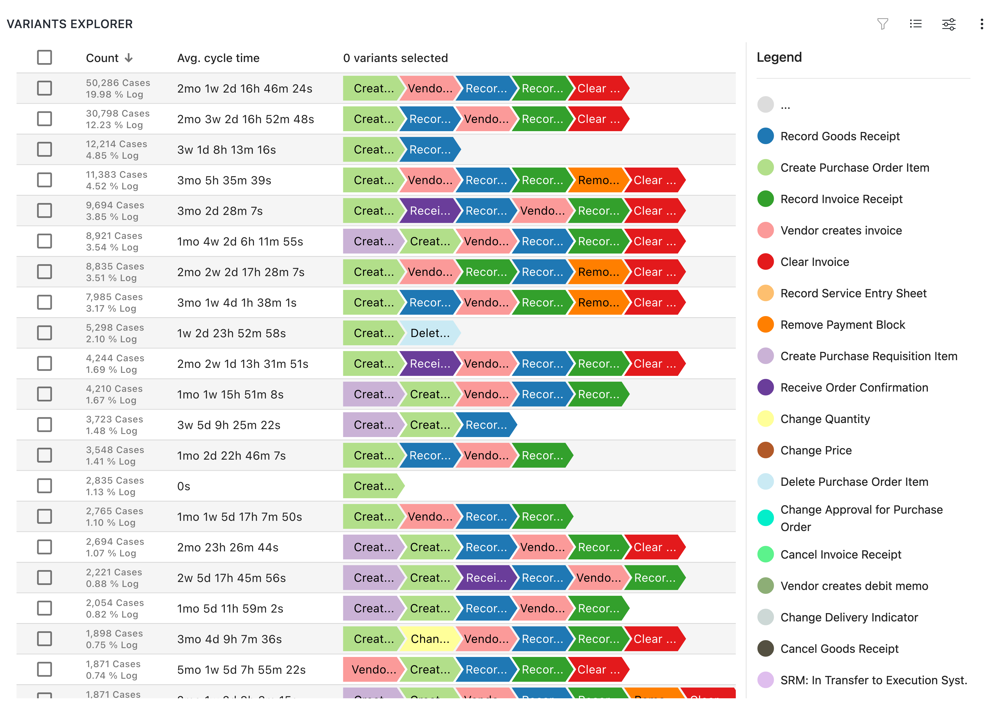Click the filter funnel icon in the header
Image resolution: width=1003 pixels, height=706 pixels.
(x=882, y=24)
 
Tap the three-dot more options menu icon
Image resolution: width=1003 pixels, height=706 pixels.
(x=982, y=24)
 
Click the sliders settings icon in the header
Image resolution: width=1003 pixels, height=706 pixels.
(x=948, y=24)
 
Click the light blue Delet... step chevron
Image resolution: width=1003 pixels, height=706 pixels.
(x=430, y=333)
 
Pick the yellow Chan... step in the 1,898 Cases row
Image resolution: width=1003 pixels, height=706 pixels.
(x=430, y=639)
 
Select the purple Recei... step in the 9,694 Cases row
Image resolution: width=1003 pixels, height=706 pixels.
(x=430, y=211)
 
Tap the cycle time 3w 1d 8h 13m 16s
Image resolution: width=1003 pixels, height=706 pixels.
(x=226, y=150)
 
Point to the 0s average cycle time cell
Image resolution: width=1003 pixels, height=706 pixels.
(x=183, y=486)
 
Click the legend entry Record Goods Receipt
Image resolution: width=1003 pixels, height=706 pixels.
(x=840, y=136)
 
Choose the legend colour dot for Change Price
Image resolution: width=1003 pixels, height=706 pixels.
(x=765, y=450)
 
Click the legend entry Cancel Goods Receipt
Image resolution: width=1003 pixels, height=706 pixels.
(x=839, y=649)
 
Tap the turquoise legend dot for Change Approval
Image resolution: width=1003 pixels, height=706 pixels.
(x=765, y=518)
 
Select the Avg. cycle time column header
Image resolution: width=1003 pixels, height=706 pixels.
(x=218, y=58)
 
